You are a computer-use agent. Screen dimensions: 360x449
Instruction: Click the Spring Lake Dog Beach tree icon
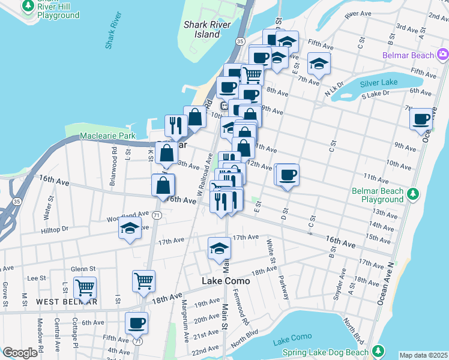click(x=378, y=350)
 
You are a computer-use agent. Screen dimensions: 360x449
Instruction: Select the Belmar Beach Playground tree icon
click(x=412, y=194)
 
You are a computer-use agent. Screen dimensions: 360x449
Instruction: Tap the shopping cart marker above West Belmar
click(x=85, y=288)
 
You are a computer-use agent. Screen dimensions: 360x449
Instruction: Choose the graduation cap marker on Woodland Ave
click(x=130, y=228)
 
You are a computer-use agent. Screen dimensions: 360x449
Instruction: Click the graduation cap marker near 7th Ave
click(x=319, y=63)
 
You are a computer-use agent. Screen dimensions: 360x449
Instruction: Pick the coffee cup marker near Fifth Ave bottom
click(x=136, y=323)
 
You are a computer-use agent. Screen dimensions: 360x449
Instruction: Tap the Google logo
click(x=20, y=353)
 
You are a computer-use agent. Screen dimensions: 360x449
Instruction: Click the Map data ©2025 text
click(x=424, y=355)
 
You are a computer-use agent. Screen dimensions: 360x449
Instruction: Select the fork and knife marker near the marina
click(x=176, y=125)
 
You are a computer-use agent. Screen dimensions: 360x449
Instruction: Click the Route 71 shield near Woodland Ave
click(x=156, y=215)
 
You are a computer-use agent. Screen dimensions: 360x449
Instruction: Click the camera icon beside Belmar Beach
click(x=442, y=55)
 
